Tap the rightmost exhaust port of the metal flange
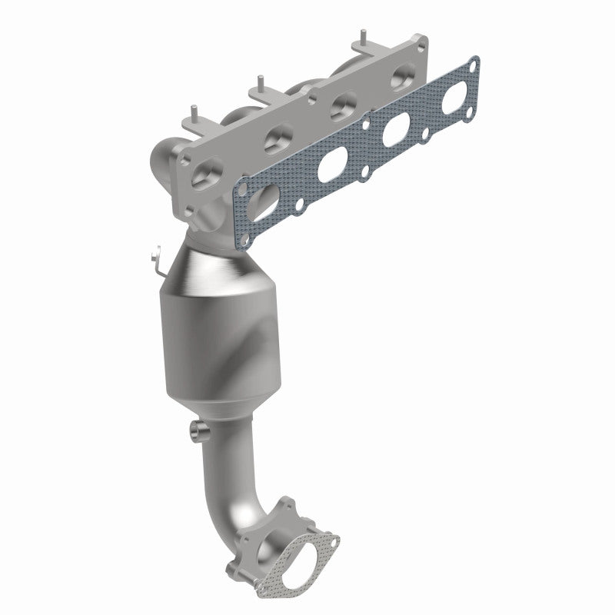point(402,78)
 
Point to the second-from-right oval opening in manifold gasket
point(396,128)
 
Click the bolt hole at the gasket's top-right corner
point(474,64)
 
